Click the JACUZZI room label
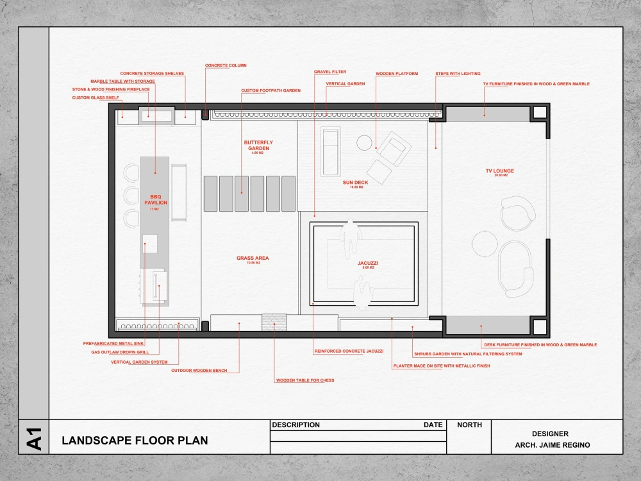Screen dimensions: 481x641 [x=366, y=263]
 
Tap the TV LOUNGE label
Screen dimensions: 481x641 [x=500, y=171]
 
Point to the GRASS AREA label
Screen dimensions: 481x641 [x=253, y=258]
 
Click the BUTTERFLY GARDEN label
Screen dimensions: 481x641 [x=258, y=146]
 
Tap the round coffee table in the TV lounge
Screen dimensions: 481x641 [x=483, y=242]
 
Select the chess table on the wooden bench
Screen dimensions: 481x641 [x=274, y=322]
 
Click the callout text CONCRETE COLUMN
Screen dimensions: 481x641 [x=226, y=65]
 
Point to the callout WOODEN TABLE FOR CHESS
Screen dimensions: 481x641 [x=305, y=380]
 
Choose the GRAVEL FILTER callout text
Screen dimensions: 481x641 [x=330, y=72]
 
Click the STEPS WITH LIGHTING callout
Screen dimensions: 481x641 [x=458, y=74]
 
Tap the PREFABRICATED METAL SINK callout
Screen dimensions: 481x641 [x=112, y=343]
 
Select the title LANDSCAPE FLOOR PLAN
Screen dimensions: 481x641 [x=135, y=441]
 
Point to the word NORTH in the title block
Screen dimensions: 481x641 [x=470, y=425]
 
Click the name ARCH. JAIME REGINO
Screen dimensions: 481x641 [x=553, y=445]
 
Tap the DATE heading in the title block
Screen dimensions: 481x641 [x=433, y=425]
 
